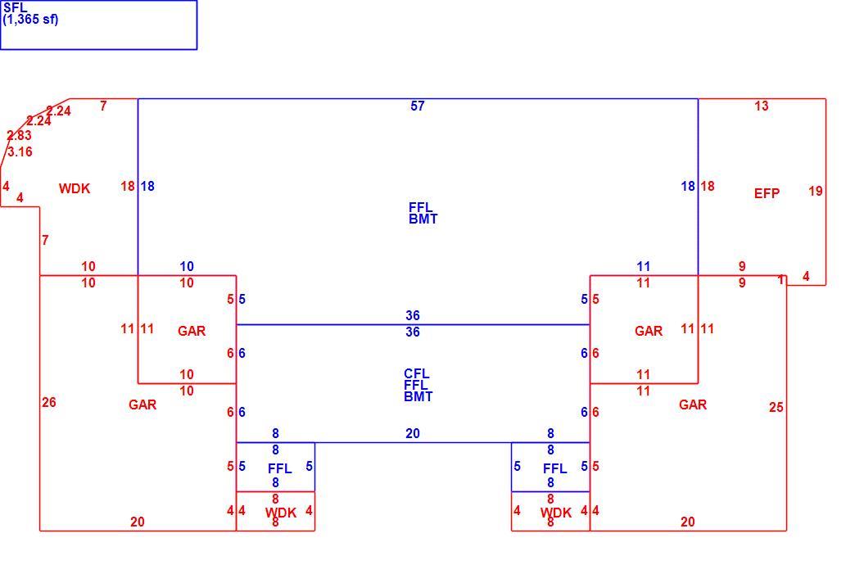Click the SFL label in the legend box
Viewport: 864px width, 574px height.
tap(15, 8)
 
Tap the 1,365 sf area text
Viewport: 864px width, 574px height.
tap(30, 20)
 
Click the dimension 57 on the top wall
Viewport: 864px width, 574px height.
tap(418, 106)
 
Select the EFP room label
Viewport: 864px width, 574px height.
tap(767, 193)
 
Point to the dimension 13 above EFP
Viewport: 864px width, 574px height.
tap(762, 106)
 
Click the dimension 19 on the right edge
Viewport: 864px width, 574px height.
tap(816, 191)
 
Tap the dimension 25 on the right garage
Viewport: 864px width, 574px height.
tap(776, 407)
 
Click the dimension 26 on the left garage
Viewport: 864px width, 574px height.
tap(49, 402)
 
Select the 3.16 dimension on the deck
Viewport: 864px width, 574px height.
tap(20, 151)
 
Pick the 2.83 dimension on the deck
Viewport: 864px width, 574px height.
tap(20, 135)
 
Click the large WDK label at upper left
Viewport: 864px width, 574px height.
tap(75, 188)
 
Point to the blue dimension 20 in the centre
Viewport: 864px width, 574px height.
tap(413, 433)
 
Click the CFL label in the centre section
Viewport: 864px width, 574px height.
tap(417, 373)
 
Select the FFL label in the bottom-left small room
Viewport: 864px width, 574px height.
tap(280, 469)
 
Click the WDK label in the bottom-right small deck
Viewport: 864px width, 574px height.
tap(556, 513)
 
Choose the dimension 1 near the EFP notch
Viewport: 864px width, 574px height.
tap(780, 280)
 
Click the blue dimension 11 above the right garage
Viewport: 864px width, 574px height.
tap(644, 267)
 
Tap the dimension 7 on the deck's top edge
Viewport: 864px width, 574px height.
tap(103, 106)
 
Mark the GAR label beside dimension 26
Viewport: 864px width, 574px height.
tap(142, 405)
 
